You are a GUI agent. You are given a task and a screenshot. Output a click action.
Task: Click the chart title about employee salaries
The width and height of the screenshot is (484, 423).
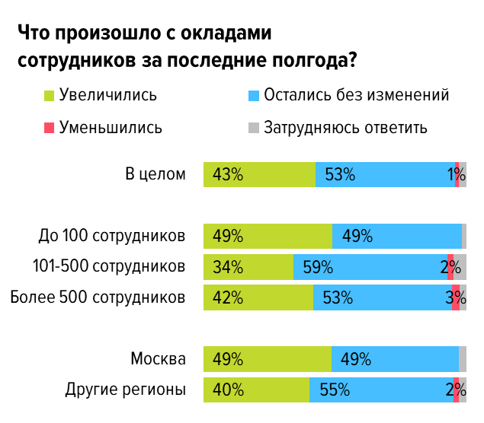[188, 47]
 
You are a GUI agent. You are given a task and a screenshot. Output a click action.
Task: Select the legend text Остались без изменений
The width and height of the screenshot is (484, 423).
[356, 95]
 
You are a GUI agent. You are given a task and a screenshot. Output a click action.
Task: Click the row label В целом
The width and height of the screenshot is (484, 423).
[155, 174]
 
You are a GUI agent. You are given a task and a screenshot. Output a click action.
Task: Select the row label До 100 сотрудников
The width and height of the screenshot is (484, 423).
[112, 236]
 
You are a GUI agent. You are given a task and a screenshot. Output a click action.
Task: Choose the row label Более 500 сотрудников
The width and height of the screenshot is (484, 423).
[98, 297]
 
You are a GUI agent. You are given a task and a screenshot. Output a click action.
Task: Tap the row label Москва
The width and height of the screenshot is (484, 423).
[158, 358]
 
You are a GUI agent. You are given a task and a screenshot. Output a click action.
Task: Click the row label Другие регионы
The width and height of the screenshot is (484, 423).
[125, 390]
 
